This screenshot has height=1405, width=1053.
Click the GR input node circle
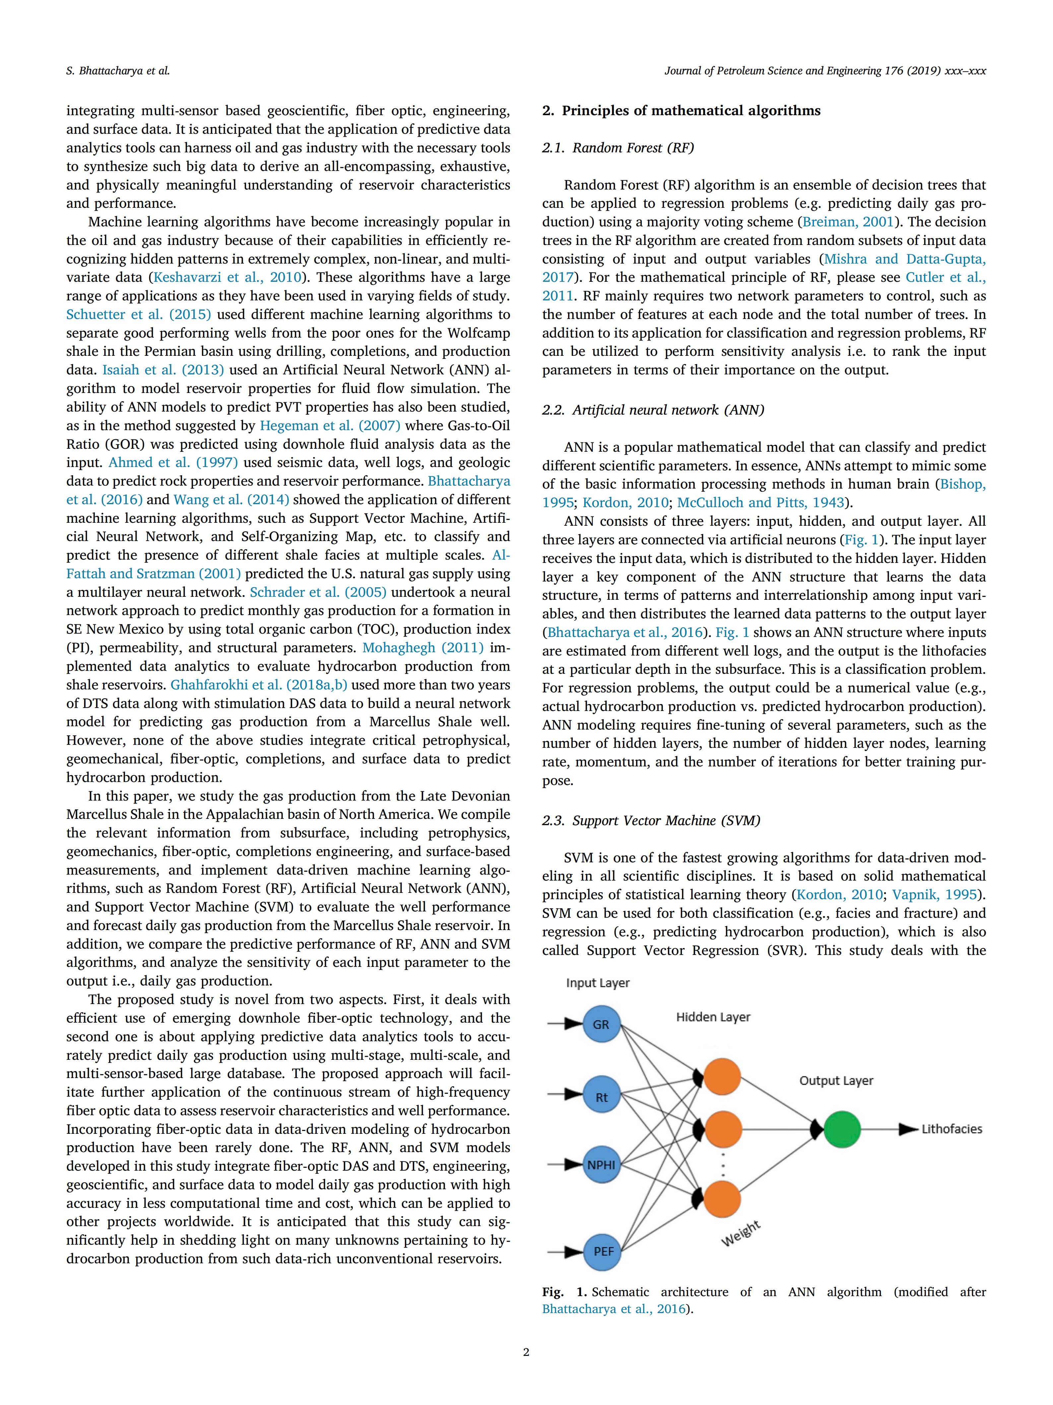600,1024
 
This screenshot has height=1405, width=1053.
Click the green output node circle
842,1129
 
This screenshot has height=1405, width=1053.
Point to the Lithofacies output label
952,1129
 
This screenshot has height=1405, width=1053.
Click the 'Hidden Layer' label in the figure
713,1017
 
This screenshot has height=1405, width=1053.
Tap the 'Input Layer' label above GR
597,982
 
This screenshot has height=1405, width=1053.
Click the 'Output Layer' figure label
836,1080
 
